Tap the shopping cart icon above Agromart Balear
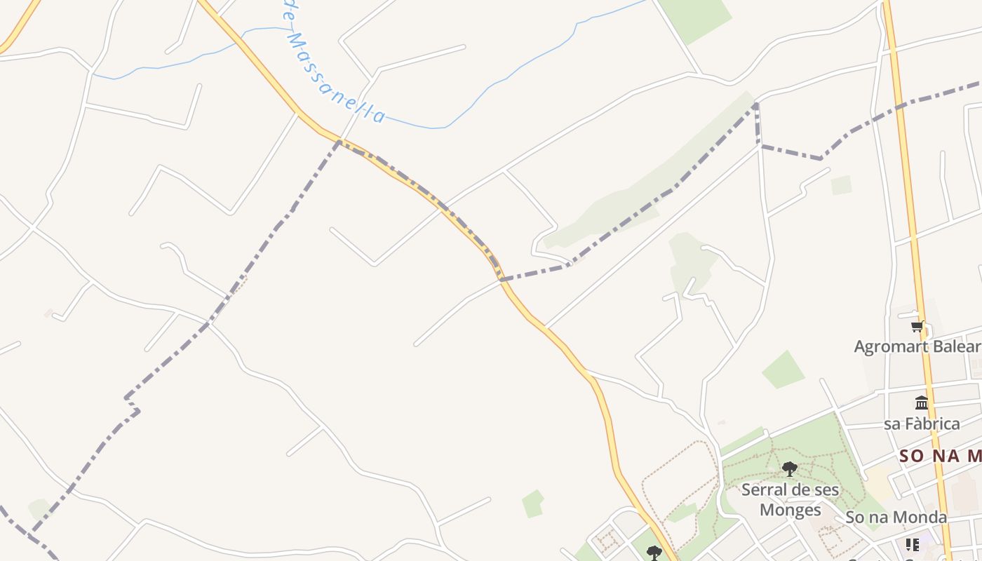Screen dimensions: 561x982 point(917,326)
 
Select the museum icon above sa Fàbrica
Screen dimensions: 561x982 point(922,403)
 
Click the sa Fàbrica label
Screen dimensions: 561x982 point(922,424)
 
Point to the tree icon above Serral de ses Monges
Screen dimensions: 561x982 point(790,468)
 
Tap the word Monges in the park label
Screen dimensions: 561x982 point(790,509)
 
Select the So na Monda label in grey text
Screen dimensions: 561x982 point(896,518)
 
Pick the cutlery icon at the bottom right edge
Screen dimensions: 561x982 point(912,544)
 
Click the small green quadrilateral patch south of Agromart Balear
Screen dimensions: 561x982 point(783,370)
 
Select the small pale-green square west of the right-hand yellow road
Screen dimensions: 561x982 point(841,185)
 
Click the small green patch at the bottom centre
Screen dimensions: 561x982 point(533,503)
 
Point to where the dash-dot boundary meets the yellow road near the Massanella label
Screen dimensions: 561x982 point(339,142)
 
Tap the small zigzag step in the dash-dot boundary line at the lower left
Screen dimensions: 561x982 point(132,405)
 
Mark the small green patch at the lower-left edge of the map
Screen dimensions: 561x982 point(39,508)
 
